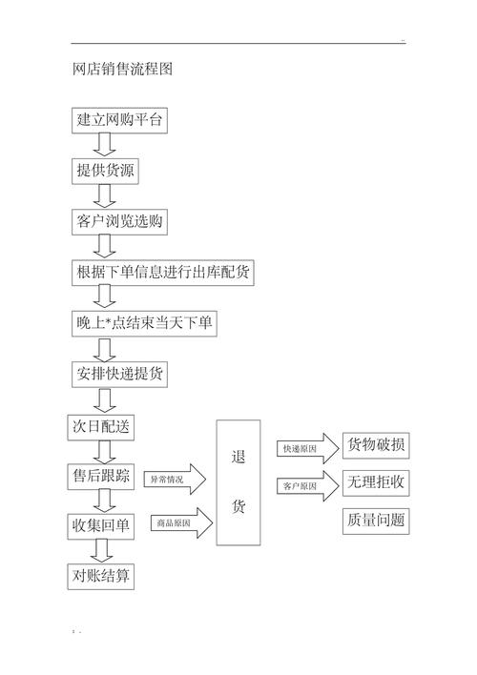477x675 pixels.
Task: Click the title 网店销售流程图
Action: (122, 70)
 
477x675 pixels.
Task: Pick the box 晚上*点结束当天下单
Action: (145, 323)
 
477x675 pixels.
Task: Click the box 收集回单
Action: (102, 525)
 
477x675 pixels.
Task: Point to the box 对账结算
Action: (102, 576)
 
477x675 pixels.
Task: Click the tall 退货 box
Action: (238, 482)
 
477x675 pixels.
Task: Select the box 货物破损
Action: (376, 445)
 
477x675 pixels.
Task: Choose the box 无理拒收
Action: (376, 482)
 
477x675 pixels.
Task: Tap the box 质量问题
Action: (376, 521)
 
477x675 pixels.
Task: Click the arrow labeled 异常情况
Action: (176, 480)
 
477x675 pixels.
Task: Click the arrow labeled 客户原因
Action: (308, 486)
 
